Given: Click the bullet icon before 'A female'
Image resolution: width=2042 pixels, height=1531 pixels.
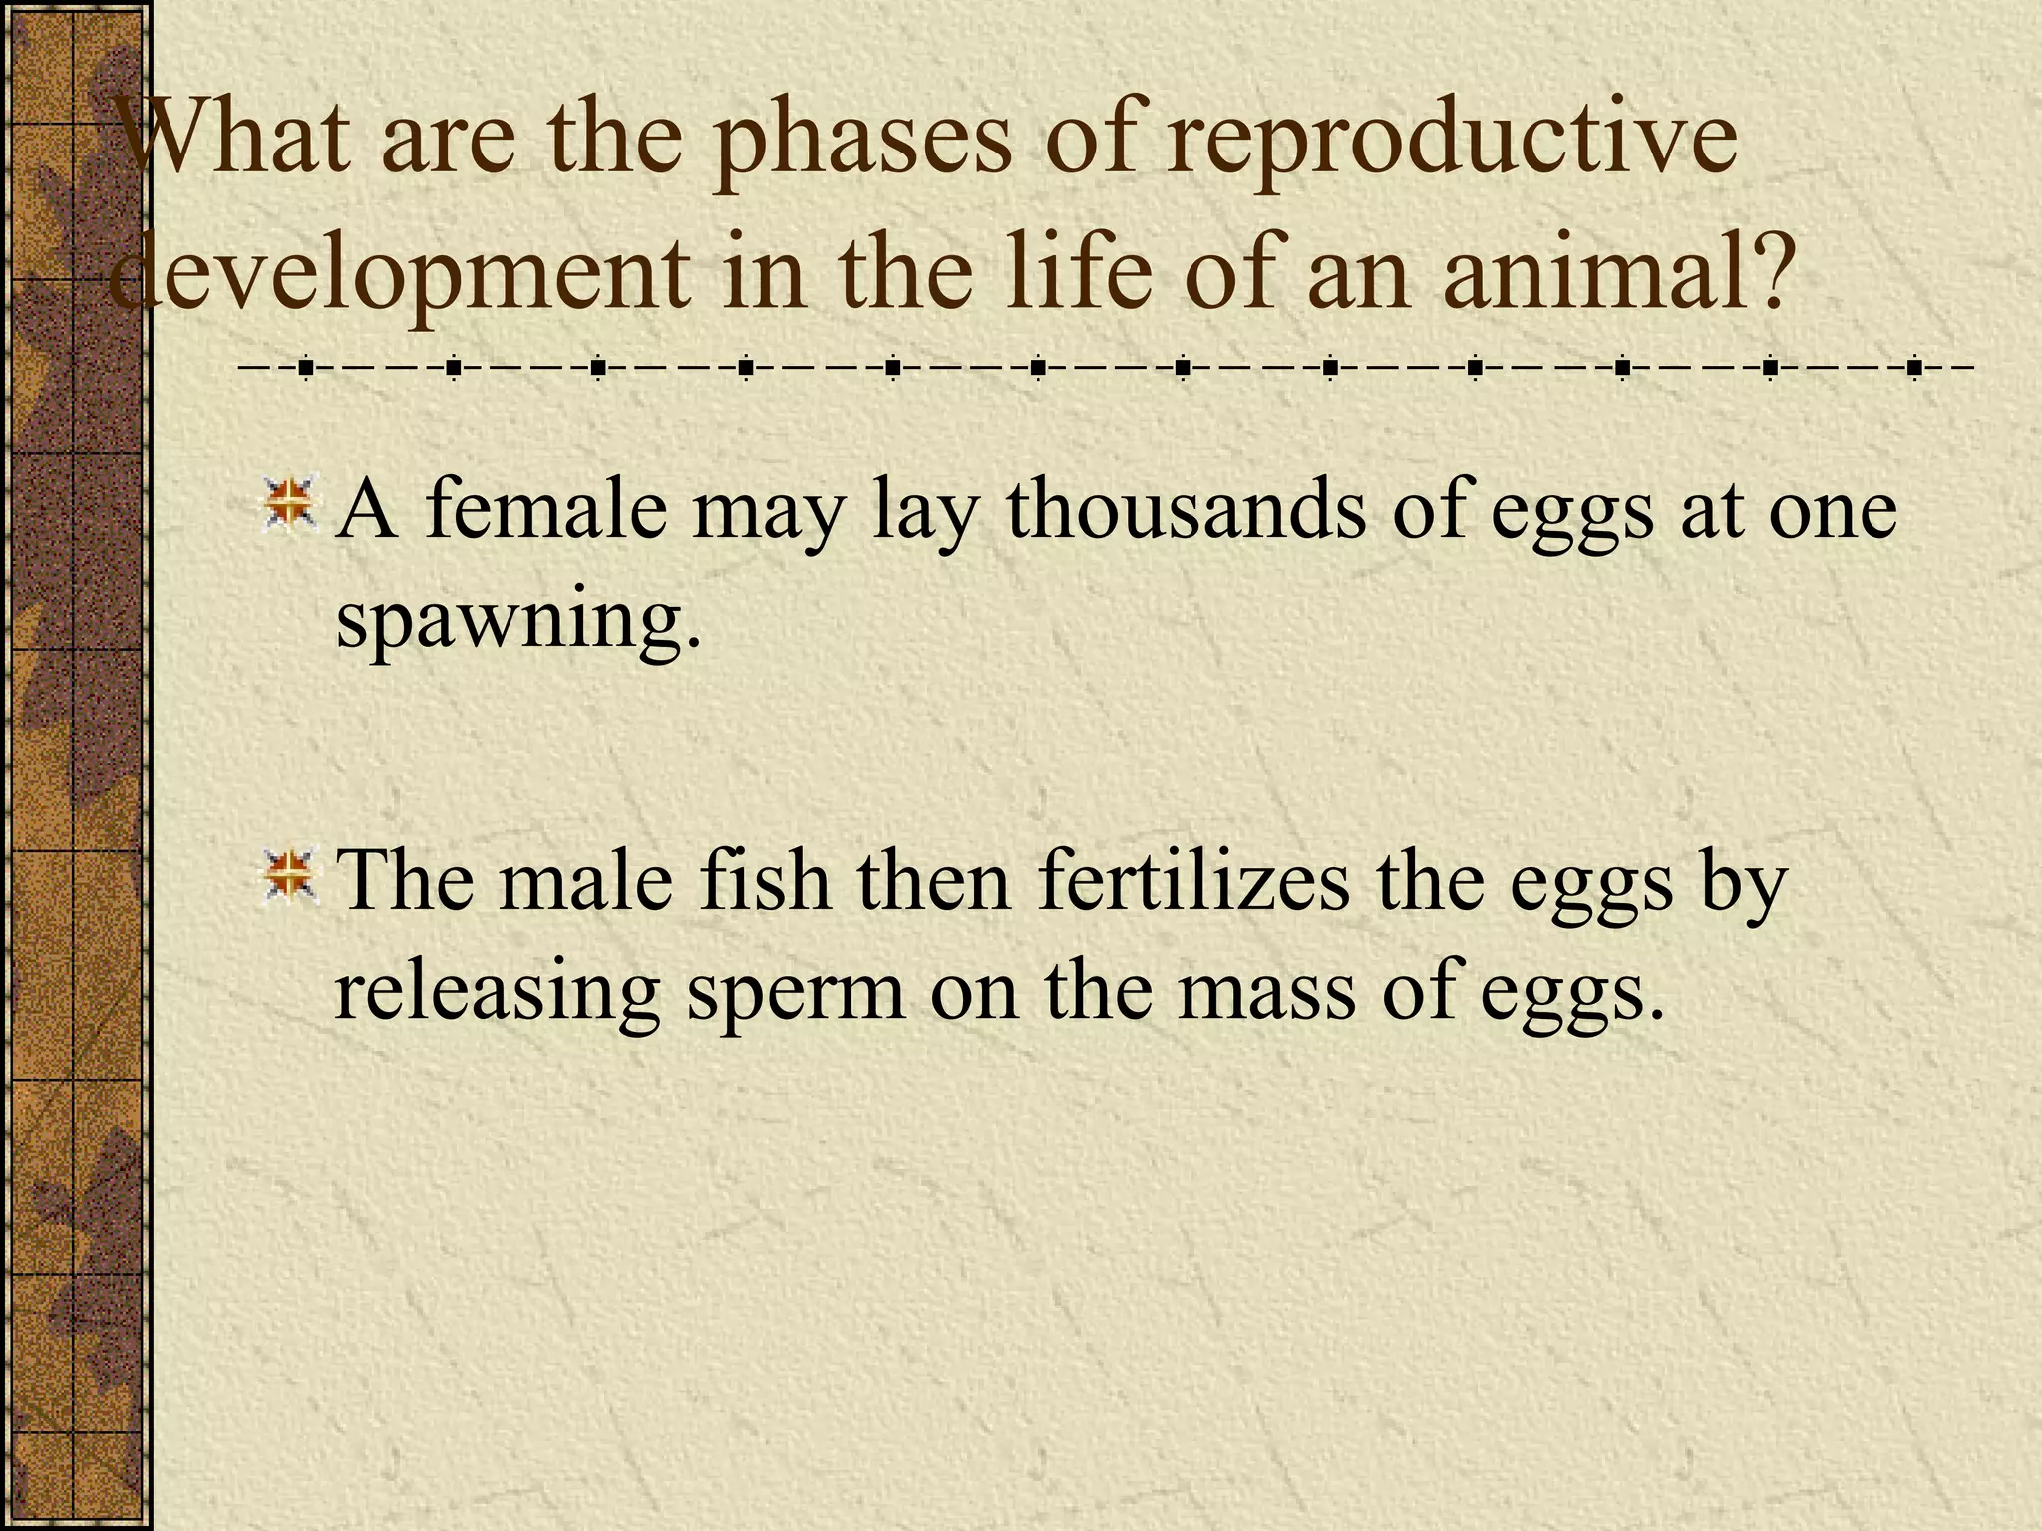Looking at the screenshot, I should [289, 503].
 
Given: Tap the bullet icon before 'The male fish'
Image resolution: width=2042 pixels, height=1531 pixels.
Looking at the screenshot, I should [289, 874].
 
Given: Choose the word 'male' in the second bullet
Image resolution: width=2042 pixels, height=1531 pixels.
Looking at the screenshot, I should [586, 881].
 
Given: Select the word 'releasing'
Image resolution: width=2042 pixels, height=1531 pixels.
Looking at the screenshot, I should [497, 993].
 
